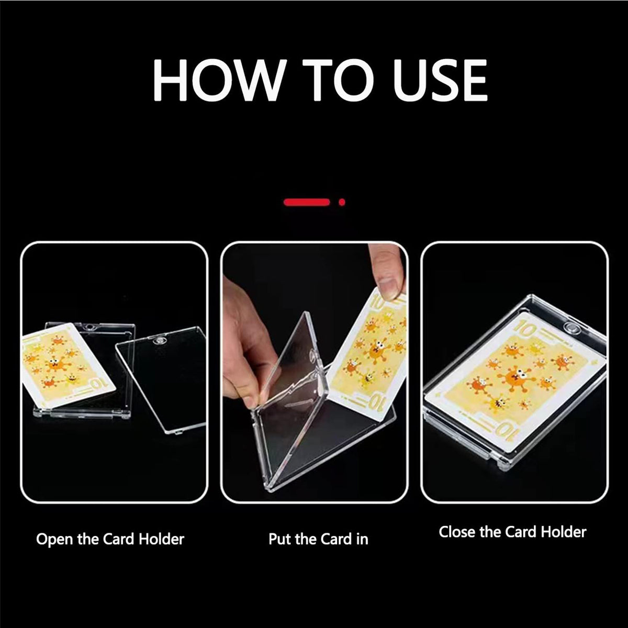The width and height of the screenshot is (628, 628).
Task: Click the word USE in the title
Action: [x=440, y=81]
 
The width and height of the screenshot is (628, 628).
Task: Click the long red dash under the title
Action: [x=307, y=201]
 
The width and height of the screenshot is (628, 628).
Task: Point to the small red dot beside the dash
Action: [x=342, y=201]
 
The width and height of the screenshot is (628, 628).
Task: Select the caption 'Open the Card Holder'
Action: [x=110, y=539]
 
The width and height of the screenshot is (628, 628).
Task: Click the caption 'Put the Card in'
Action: [x=318, y=539]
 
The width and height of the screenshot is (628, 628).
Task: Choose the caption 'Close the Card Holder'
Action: [x=512, y=532]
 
